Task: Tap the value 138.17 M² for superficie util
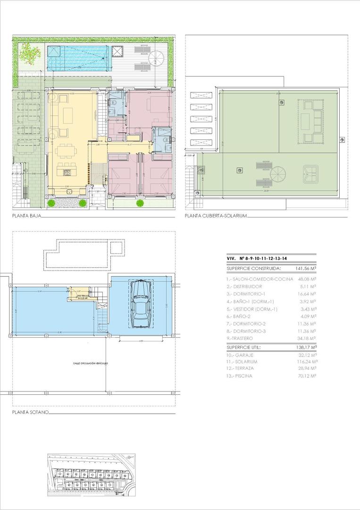click(305, 347)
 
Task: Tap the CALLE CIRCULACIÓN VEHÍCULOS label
click(91, 364)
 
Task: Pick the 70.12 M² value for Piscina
click(307, 376)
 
